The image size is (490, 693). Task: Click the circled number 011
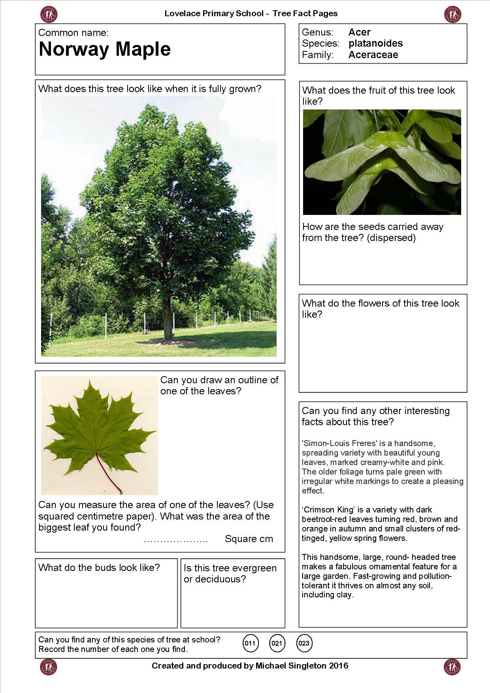250,643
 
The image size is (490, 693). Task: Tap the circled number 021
277,643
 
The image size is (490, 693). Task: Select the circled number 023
304,643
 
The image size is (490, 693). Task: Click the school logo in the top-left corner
49,15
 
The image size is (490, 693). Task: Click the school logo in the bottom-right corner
452,667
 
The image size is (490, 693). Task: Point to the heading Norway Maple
105,49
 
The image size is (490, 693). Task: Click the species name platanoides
375,43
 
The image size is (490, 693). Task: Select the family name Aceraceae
373,55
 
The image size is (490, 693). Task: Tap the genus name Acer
359,32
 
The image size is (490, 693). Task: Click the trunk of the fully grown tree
167,320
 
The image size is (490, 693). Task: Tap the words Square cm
249,539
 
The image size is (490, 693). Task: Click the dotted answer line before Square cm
175,540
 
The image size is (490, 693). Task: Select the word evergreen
252,568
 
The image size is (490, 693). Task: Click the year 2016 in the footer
339,666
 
